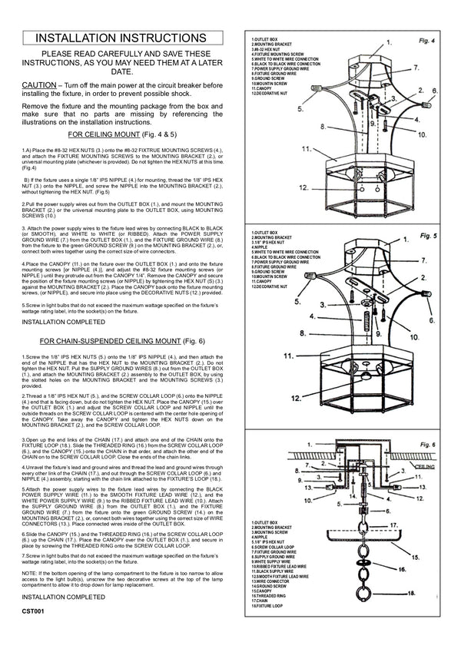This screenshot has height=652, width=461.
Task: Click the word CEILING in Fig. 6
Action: point(426,465)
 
